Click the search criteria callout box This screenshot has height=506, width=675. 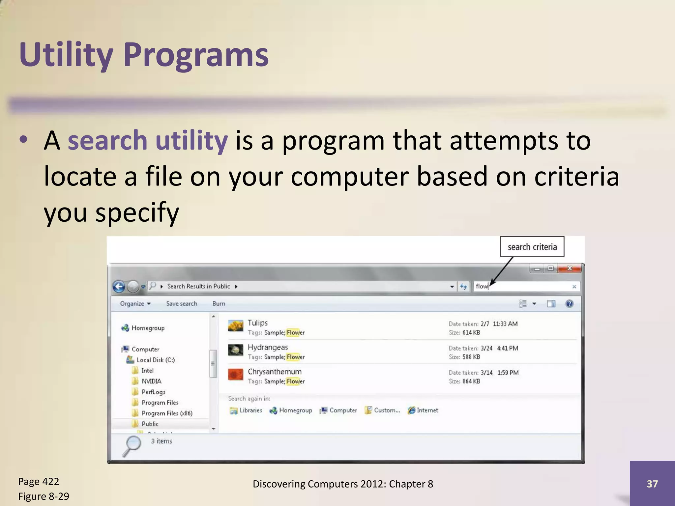532,247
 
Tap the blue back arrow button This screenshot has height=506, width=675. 119,287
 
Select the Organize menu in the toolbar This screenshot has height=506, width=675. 135,304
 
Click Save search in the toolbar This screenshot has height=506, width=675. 182,304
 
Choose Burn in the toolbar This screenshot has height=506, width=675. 219,304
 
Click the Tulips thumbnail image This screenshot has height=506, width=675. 236,326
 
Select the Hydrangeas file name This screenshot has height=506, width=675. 268,347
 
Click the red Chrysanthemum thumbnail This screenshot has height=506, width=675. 236,375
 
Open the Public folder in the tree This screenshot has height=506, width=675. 150,424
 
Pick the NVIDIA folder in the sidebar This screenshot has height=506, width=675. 151,381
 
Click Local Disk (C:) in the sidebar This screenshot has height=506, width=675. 156,360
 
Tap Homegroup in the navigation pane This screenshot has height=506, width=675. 148,328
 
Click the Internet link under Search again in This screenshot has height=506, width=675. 427,410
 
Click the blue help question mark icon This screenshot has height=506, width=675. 569,304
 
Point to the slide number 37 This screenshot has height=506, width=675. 652,484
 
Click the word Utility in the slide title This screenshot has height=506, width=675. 66,55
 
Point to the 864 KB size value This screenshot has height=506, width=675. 471,381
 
